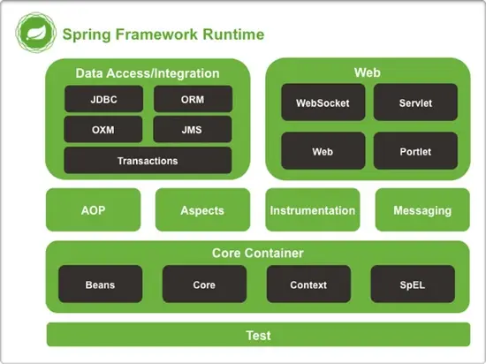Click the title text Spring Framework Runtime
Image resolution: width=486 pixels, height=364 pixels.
163,34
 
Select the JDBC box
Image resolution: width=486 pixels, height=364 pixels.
103,99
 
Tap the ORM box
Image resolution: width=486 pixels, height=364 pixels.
192,99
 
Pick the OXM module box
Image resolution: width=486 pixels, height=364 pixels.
103,130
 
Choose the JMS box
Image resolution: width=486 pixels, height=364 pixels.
192,130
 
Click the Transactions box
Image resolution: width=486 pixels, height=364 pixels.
148,161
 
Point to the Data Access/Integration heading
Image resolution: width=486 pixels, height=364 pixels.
148,73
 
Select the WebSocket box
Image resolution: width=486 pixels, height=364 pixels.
323,103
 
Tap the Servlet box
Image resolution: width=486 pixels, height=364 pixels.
415,103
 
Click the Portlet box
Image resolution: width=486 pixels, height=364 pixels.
415,151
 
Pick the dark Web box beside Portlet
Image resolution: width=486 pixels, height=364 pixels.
323,151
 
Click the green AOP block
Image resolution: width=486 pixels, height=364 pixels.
93,210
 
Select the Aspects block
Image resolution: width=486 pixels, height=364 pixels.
202,210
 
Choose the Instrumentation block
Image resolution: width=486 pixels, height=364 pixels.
313,210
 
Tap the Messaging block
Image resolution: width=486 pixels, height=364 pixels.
422,210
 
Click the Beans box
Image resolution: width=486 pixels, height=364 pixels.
100,284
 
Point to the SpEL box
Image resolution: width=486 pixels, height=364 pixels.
413,284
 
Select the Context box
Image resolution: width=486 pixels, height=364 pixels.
308,284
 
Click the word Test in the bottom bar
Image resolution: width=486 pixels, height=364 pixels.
258,336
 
